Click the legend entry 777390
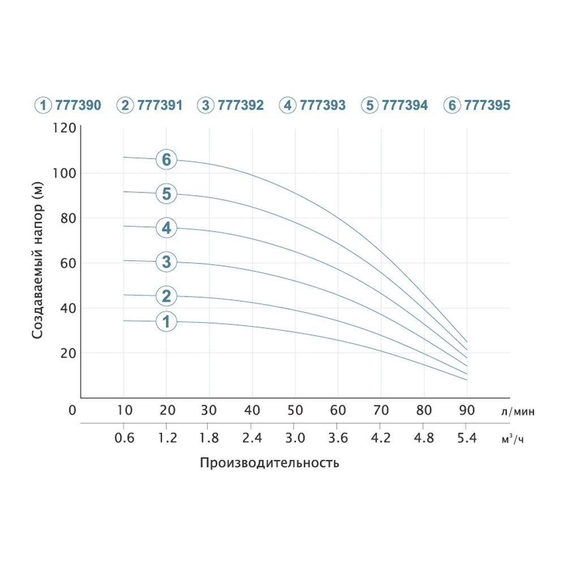[x=68, y=105]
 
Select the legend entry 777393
[x=312, y=105]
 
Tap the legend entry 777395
[x=477, y=105]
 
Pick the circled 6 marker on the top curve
[x=166, y=160]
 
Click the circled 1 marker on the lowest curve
[x=166, y=321]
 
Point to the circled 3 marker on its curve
[x=166, y=261]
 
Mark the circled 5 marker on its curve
[x=166, y=194]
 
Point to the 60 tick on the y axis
[x=67, y=263]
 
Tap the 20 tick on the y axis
[x=67, y=353]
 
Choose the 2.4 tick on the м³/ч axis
[x=252, y=438]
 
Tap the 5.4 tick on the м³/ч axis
[x=466, y=438]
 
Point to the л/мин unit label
[x=517, y=411]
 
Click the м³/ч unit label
[x=513, y=439]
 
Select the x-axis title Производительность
[x=269, y=463]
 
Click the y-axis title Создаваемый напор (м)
[x=38, y=260]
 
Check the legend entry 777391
[x=149, y=105]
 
